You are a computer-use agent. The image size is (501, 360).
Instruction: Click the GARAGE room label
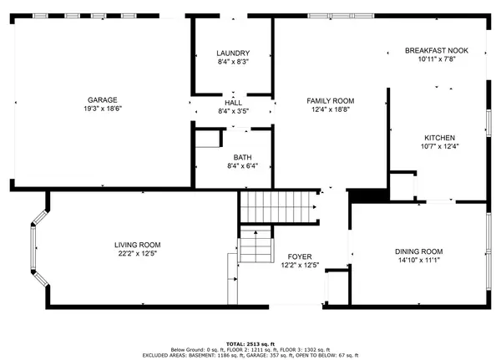103,100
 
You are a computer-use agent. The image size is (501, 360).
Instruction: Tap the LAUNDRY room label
233,53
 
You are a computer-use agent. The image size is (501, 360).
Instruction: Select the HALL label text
233,103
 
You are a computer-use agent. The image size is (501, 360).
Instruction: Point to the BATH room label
242,157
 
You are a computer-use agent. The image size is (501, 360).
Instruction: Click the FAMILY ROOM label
331,101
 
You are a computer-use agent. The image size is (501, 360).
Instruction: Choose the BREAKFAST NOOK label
437,50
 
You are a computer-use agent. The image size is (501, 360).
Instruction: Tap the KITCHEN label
440,138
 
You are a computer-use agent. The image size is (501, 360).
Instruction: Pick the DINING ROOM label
419,251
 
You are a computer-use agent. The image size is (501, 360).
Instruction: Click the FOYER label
300,256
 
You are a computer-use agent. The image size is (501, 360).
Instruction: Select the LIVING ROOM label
138,245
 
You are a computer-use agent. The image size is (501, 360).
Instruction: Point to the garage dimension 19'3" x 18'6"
103,109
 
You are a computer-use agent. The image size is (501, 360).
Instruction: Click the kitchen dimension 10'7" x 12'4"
440,146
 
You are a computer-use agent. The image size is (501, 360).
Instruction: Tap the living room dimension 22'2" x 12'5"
138,254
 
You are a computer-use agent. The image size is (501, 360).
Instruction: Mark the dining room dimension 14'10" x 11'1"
419,261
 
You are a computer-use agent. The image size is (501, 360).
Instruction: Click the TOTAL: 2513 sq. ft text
250,344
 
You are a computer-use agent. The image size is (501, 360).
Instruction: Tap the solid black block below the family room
367,195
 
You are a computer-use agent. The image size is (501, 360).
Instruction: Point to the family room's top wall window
341,16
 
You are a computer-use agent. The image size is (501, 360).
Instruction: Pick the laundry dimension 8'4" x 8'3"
233,62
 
